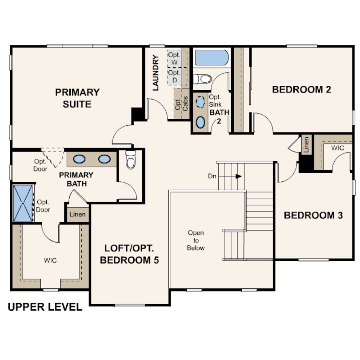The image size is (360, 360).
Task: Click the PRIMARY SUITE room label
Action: [77, 98]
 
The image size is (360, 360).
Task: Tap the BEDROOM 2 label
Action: [301, 89]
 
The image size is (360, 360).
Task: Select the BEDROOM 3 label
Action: [313, 215]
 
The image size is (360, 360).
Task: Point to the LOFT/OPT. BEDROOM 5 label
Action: [129, 254]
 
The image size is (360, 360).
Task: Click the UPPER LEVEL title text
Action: [45, 307]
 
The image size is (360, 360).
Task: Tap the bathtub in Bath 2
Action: [212, 58]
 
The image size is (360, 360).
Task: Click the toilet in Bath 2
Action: [202, 79]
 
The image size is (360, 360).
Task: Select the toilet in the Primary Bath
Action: [131, 160]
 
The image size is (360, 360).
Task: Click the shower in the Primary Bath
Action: [23, 204]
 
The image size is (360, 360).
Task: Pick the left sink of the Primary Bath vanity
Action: [79, 159]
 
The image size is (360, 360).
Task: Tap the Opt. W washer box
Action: [174, 59]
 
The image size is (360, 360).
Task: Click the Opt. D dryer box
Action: [175, 76]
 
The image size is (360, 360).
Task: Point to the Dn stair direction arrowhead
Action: [239, 176]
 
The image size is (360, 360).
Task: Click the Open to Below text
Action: [196, 240]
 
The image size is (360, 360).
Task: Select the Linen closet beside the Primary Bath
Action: [78, 214]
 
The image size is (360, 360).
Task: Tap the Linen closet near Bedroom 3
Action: [306, 144]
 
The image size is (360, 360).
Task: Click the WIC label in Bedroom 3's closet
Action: [337, 148]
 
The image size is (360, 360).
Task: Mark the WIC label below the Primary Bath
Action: [50, 260]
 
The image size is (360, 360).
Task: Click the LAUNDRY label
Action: [156, 73]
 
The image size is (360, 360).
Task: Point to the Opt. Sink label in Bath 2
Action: [215, 101]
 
